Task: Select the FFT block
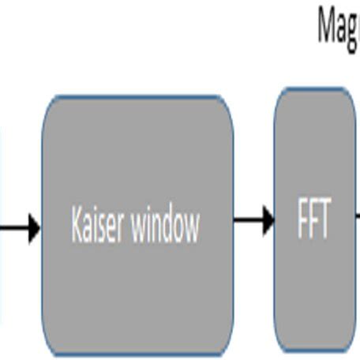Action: pyautogui.click(x=314, y=158)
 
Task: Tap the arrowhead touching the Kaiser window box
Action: pyautogui.click(x=33, y=229)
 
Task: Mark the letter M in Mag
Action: pyautogui.click(x=326, y=24)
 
